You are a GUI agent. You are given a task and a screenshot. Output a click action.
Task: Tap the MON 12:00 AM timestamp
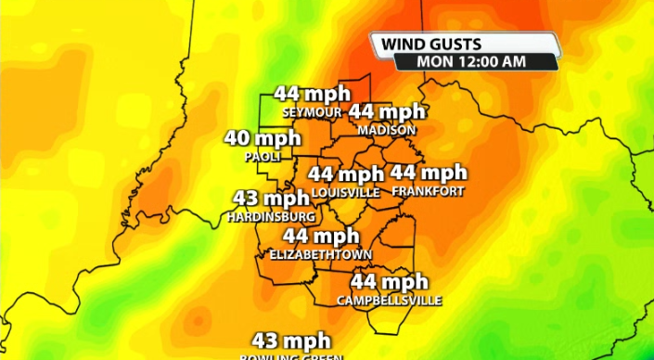472,61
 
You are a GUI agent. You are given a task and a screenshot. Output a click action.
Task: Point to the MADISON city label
386,130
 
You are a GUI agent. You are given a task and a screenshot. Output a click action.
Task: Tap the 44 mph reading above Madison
387,111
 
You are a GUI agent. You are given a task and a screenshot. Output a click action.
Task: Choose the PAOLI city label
263,157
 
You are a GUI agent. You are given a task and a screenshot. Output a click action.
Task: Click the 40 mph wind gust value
263,139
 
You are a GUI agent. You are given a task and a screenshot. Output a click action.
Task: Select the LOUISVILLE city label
346,191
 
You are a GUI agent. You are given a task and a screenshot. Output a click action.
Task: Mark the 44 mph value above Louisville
346,174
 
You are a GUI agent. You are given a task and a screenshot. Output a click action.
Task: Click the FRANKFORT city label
428,191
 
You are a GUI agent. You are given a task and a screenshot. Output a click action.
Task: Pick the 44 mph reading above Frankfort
428,173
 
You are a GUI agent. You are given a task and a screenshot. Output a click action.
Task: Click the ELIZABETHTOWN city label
320,254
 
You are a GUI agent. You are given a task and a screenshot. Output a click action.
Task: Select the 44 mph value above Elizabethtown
321,236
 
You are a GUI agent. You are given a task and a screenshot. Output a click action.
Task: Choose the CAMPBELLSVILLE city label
389,301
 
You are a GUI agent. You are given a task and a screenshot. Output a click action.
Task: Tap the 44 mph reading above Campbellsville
389,282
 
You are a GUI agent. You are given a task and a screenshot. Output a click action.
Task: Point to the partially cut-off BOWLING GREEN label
291,356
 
